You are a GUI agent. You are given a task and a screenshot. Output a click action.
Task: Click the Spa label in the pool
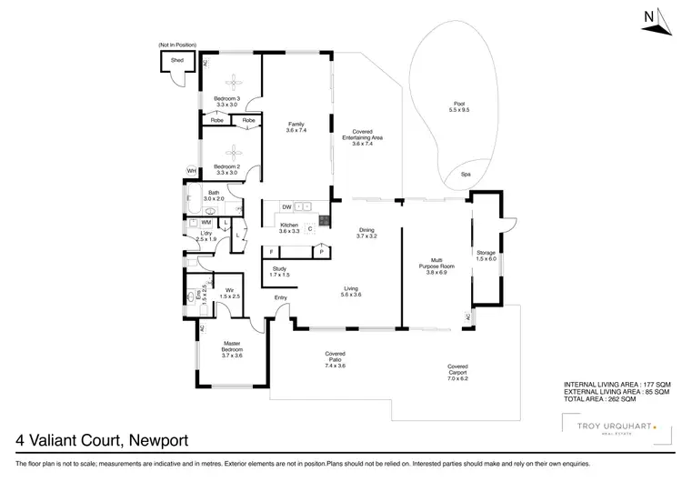(466, 174)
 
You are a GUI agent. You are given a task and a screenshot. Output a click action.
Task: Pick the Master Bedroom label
(232, 349)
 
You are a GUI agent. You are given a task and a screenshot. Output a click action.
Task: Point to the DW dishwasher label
(286, 206)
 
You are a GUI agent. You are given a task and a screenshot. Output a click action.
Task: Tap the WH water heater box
(192, 171)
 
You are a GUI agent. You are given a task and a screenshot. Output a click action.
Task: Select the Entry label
(281, 297)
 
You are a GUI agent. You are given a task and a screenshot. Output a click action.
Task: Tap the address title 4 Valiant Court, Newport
(102, 441)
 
